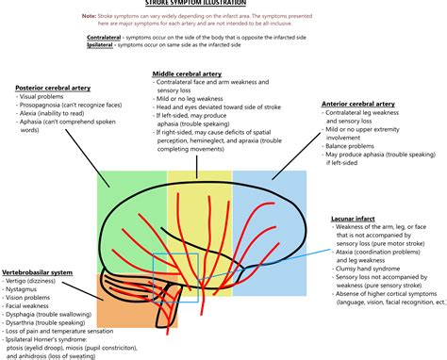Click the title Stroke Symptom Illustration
[223, 4]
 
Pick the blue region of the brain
[269, 203]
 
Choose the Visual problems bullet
[46, 96]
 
